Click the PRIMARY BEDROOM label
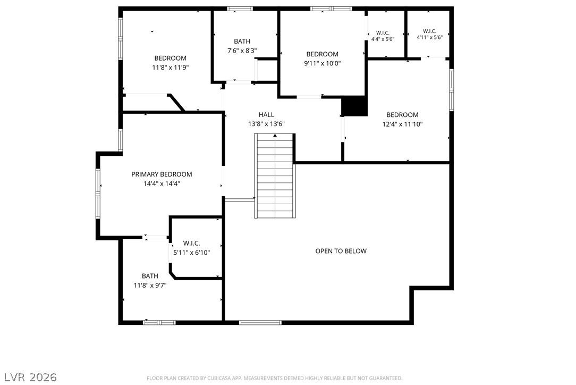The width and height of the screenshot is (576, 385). click(162, 174)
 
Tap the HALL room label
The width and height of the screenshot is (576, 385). click(266, 115)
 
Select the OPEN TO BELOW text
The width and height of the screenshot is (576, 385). click(341, 251)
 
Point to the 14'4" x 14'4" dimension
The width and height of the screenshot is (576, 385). click(162, 183)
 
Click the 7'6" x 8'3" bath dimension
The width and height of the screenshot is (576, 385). click(242, 51)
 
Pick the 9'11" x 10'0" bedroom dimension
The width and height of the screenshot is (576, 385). click(323, 63)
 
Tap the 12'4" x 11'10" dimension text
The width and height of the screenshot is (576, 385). click(403, 124)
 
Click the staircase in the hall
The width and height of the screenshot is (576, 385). click(275, 176)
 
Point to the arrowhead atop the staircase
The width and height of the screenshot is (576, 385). click(275, 136)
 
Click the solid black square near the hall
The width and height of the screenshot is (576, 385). click(354, 106)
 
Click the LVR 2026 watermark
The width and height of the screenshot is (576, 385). click(30, 377)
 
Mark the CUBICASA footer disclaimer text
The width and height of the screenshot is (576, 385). click(274, 378)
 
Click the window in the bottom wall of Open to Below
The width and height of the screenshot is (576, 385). click(260, 322)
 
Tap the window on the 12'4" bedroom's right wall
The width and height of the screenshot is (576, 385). click(452, 90)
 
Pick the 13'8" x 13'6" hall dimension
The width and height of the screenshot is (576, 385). click(266, 124)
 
